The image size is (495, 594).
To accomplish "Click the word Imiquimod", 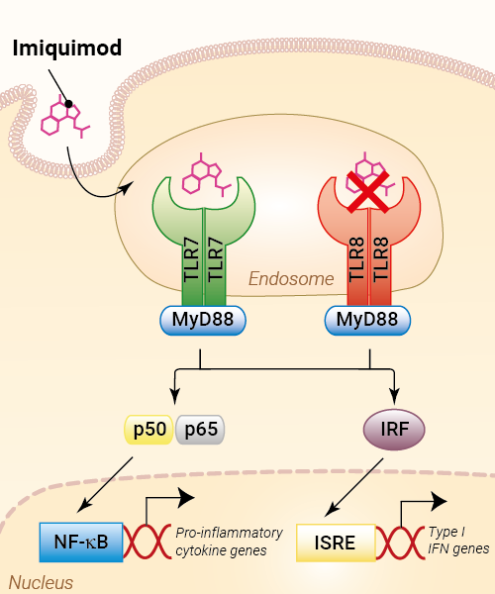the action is click(x=67, y=49).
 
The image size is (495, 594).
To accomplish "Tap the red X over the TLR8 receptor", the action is click(x=368, y=191).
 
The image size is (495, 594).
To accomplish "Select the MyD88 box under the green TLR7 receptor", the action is click(x=203, y=320).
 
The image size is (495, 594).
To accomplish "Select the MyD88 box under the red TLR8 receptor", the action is click(x=367, y=320).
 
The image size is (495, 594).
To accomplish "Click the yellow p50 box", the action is click(x=149, y=430).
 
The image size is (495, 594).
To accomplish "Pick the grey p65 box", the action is click(x=200, y=430).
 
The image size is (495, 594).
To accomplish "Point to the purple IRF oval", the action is click(x=394, y=430).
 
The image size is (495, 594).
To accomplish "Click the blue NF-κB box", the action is click(x=81, y=543).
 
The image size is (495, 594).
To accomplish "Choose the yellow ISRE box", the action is click(x=336, y=543).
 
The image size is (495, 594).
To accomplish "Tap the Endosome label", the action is click(x=291, y=279).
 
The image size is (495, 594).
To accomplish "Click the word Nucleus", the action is click(x=41, y=583).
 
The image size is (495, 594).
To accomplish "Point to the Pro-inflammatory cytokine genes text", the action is click(x=229, y=542).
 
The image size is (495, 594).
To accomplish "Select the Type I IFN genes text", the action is click(x=458, y=541).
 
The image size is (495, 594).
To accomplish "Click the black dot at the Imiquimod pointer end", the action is click(x=68, y=103).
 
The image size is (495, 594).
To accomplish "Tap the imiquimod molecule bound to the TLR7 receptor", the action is click(x=206, y=175).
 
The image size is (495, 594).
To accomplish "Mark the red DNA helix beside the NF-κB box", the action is click(x=147, y=542).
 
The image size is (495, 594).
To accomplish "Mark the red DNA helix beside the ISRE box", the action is click(x=400, y=543).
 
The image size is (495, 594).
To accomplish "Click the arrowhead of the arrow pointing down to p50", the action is click(x=174, y=398).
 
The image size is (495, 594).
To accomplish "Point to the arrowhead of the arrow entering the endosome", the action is click(x=128, y=187).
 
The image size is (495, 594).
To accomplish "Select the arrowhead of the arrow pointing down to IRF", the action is click(x=394, y=398).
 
